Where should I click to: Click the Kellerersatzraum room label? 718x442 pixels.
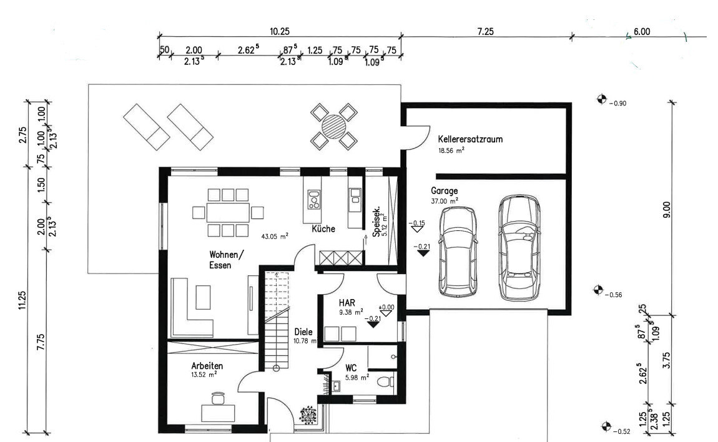(470, 139)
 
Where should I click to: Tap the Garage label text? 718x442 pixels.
(444, 191)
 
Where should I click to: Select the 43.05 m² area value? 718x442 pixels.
(275, 237)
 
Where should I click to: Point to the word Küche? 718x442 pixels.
(323, 228)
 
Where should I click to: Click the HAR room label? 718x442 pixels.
(347, 303)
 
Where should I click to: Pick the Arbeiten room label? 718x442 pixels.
(207, 366)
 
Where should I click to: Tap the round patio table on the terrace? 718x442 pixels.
(334, 126)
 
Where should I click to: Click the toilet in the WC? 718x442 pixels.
(385, 381)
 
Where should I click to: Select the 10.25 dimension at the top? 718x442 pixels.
(279, 31)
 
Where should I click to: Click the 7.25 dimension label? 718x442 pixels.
(485, 31)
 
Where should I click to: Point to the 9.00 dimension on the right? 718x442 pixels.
(666, 209)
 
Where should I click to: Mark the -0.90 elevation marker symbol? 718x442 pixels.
(601, 99)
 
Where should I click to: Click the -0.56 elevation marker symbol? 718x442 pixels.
(598, 290)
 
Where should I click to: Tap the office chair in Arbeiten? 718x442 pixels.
(218, 398)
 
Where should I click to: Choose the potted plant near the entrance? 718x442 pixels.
(308, 415)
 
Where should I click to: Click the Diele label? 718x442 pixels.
(303, 332)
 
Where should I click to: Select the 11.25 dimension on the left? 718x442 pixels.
(22, 300)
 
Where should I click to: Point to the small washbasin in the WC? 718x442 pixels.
(336, 386)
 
